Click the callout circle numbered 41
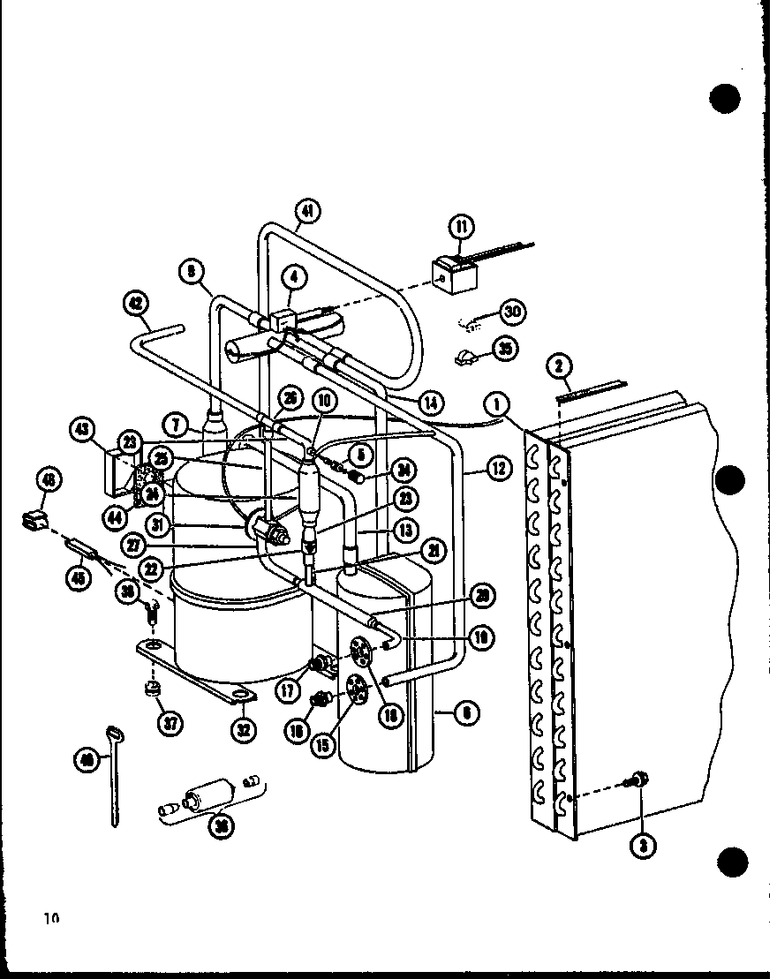click(x=307, y=211)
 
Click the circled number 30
click(x=513, y=312)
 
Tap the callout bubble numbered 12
click(x=499, y=468)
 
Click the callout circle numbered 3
click(x=643, y=846)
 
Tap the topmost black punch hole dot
click(x=725, y=96)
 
